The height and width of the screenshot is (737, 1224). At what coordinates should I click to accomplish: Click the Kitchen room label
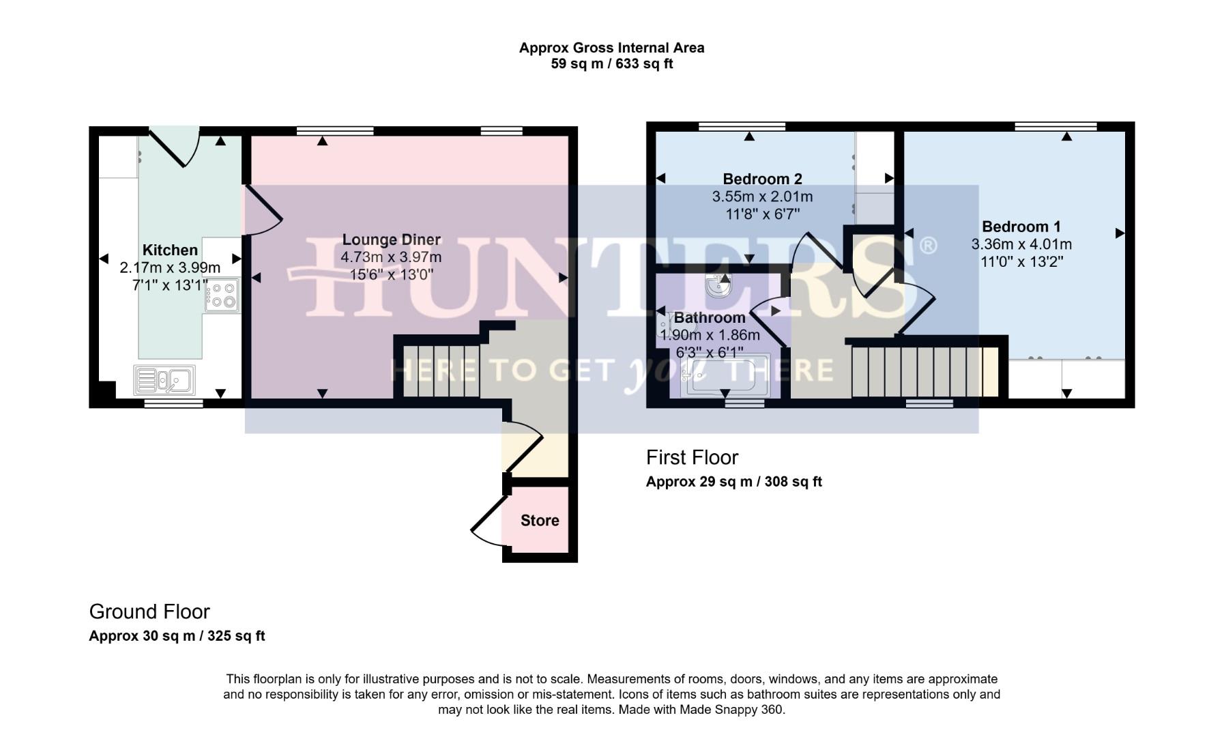pyautogui.click(x=170, y=250)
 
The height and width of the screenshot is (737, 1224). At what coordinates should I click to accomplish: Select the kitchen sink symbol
pyautogui.click(x=164, y=381)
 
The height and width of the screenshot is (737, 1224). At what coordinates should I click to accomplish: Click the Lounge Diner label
pyautogui.click(x=391, y=240)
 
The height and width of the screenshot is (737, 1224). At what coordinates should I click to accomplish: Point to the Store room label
pyautogui.click(x=540, y=521)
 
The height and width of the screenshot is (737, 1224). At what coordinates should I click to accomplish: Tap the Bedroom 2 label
pyautogui.click(x=762, y=179)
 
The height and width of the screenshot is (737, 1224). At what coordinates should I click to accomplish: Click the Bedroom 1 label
pyautogui.click(x=1021, y=227)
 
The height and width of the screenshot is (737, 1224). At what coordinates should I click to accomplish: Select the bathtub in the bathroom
pyautogui.click(x=727, y=375)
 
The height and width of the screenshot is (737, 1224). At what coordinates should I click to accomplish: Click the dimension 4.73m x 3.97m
pyautogui.click(x=391, y=257)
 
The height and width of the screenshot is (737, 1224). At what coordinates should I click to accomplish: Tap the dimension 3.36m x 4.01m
pyautogui.click(x=1021, y=244)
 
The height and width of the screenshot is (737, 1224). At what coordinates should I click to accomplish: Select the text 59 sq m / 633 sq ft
pyautogui.click(x=611, y=64)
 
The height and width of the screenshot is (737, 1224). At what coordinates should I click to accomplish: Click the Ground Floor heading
pyautogui.click(x=149, y=611)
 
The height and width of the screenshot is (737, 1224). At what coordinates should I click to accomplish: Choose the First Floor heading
pyautogui.click(x=692, y=457)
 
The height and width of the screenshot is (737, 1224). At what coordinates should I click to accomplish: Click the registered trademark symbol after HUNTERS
pyautogui.click(x=928, y=245)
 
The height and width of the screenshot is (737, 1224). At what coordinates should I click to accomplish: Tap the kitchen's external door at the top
pyautogui.click(x=175, y=147)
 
